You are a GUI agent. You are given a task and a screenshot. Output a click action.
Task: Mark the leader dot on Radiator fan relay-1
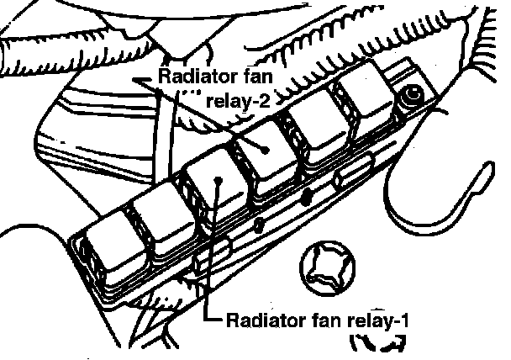(x=218, y=179)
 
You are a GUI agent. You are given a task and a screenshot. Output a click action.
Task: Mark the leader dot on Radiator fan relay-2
(x=266, y=147)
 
